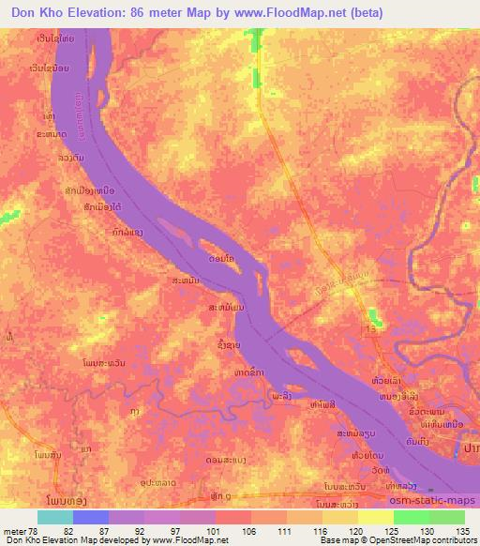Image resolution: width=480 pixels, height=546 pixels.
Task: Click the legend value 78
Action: tap(36, 531)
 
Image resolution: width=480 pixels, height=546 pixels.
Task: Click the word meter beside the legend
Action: tap(13, 531)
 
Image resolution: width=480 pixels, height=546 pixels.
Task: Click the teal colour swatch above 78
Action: tap(54, 517)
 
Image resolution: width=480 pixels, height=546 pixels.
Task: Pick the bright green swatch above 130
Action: tap(410, 517)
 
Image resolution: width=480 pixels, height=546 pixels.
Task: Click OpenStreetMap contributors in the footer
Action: tap(427, 541)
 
